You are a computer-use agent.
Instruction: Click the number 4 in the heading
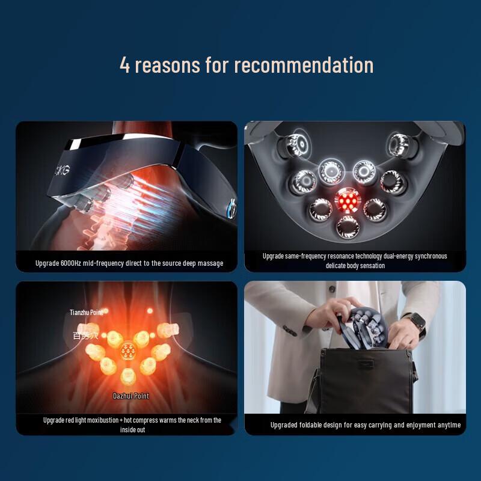click(124, 65)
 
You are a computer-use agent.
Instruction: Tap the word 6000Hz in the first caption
click(74, 263)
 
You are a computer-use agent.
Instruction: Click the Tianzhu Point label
click(85, 312)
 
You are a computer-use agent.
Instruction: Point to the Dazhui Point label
click(130, 396)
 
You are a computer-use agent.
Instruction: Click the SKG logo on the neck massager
click(63, 170)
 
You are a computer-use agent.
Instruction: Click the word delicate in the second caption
click(337, 265)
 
